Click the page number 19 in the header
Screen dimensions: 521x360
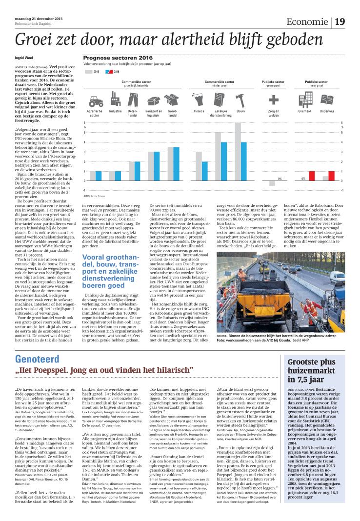pyautogui.click(x=340, y=21)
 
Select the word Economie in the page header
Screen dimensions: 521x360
pyautogui.click(x=307, y=22)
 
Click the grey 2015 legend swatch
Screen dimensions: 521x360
pyautogui.click(x=89, y=71)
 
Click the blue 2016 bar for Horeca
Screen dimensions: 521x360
pyautogui.click(x=204, y=171)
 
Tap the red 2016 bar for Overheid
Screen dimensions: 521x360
pyautogui.click(x=312, y=176)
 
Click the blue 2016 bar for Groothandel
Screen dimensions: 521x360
pyautogui.click(x=177, y=164)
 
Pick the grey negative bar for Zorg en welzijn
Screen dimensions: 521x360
pyautogui.click(x=272, y=183)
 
